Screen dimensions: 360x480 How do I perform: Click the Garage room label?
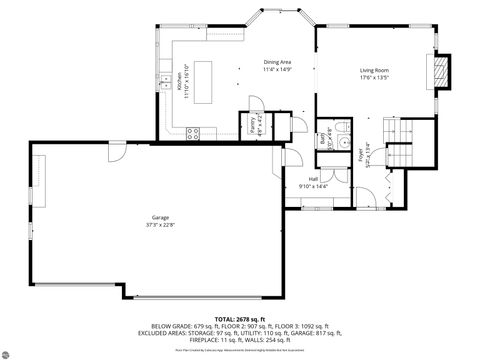(160, 217)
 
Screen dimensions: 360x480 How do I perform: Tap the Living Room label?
(375, 71)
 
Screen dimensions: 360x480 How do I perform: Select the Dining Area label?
(277, 62)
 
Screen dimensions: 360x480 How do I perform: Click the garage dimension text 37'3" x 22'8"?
(160, 224)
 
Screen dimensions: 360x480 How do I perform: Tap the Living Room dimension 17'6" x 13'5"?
(375, 78)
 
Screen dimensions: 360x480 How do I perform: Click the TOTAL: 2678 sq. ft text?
(239, 319)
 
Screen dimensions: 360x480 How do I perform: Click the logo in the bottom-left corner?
(16, 350)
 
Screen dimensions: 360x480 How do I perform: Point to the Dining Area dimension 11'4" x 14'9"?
(277, 69)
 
